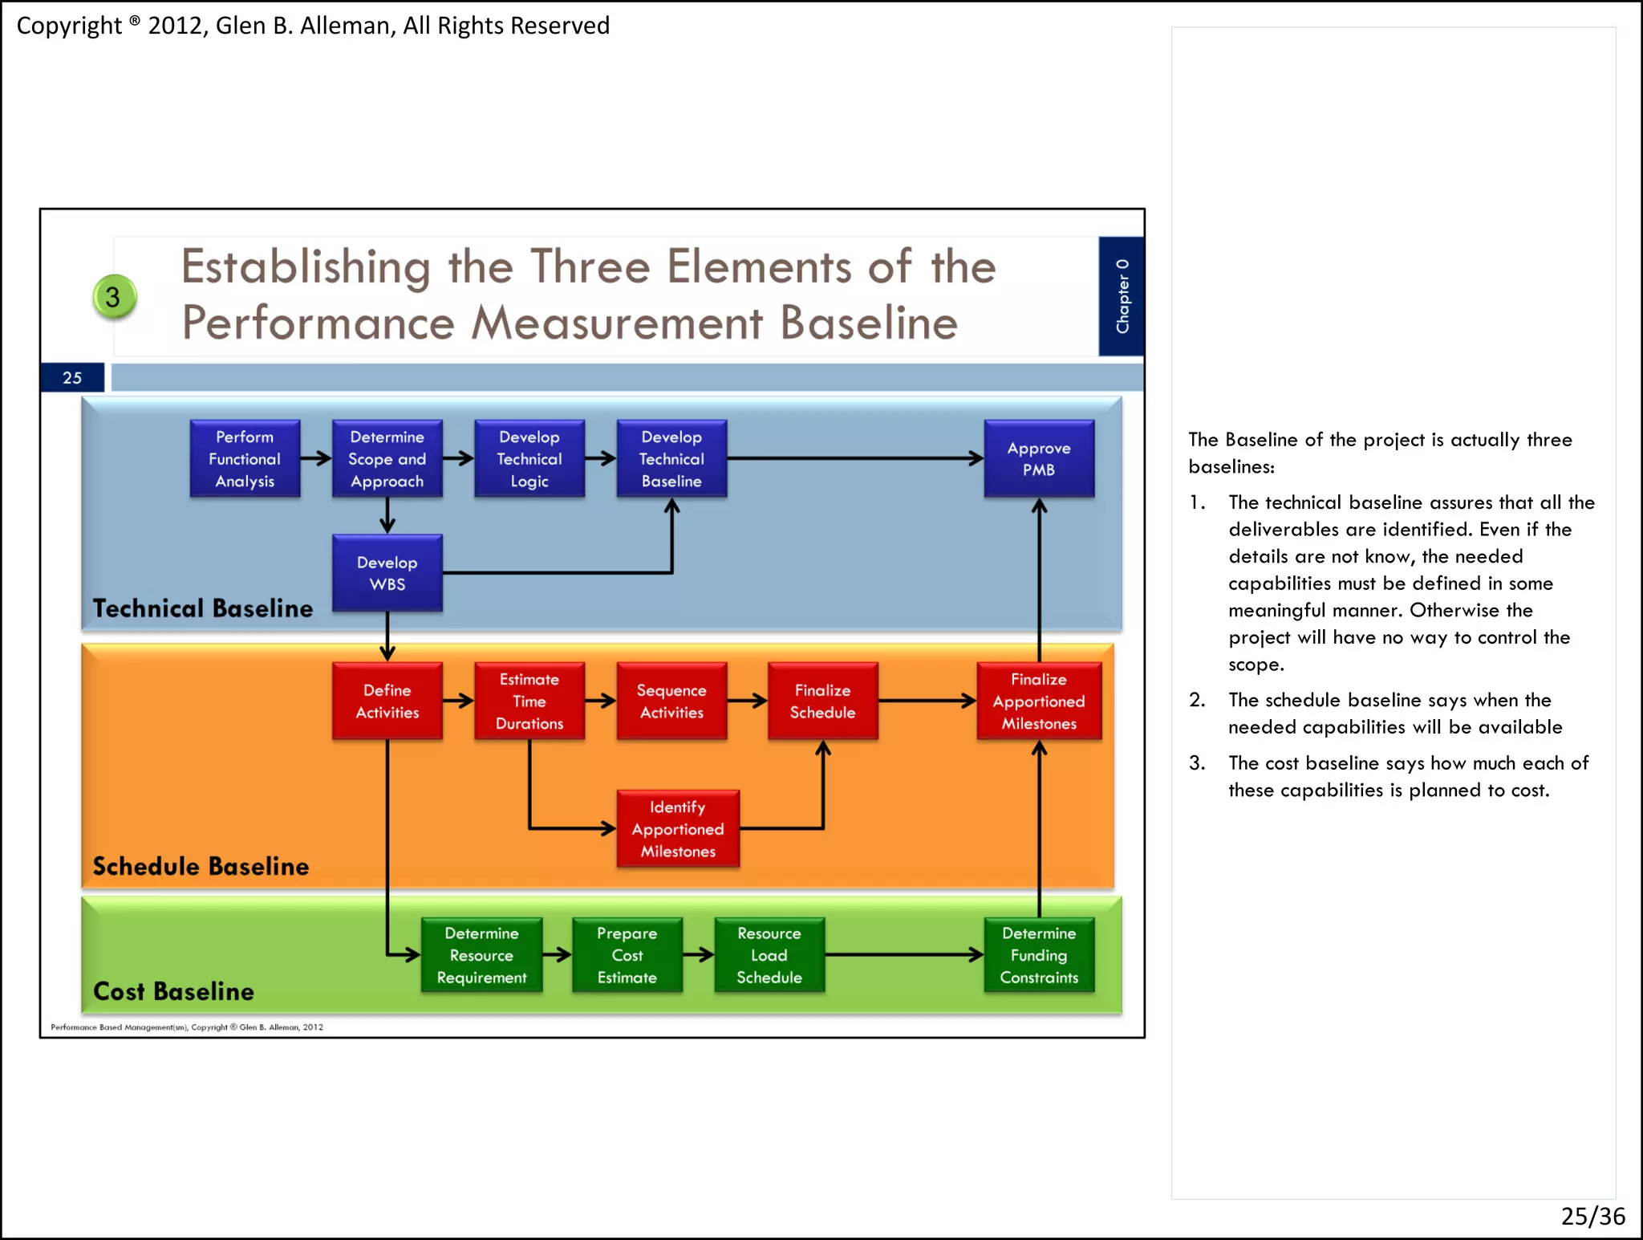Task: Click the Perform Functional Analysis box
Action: click(245, 458)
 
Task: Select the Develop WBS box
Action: click(387, 573)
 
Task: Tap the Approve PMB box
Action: click(1038, 458)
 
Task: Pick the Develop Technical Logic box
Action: click(529, 458)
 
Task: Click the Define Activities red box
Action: click(387, 701)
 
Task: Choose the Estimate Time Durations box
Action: click(529, 701)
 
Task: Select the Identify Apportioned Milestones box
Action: click(677, 828)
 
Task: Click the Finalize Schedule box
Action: click(822, 701)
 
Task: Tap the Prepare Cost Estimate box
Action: click(627, 955)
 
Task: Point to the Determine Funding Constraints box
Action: click(1038, 955)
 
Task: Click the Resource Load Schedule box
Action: click(769, 955)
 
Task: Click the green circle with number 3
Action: click(114, 297)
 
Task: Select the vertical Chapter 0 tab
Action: click(1122, 296)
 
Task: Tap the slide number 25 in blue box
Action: click(72, 377)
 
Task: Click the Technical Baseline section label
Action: click(202, 608)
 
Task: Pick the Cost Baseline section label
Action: click(173, 991)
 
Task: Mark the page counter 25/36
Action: click(1592, 1216)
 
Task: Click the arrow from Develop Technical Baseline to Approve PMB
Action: click(854, 458)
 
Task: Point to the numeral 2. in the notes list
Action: click(1197, 700)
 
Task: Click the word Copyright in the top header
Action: click(69, 26)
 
